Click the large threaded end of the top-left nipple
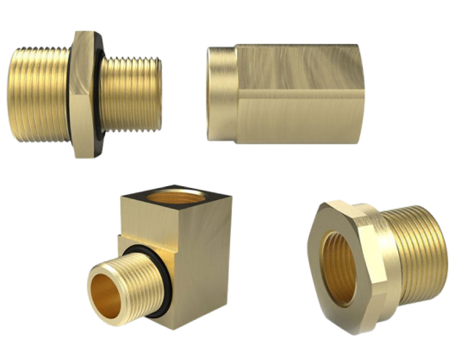[38, 94]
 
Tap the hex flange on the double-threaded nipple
[82, 94]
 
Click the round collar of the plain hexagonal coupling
[222, 94]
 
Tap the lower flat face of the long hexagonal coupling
[299, 120]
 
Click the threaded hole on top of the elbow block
[175, 196]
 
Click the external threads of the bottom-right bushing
[416, 252]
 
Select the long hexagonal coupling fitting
[287, 94]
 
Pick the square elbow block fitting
[176, 252]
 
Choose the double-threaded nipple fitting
[85, 94]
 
